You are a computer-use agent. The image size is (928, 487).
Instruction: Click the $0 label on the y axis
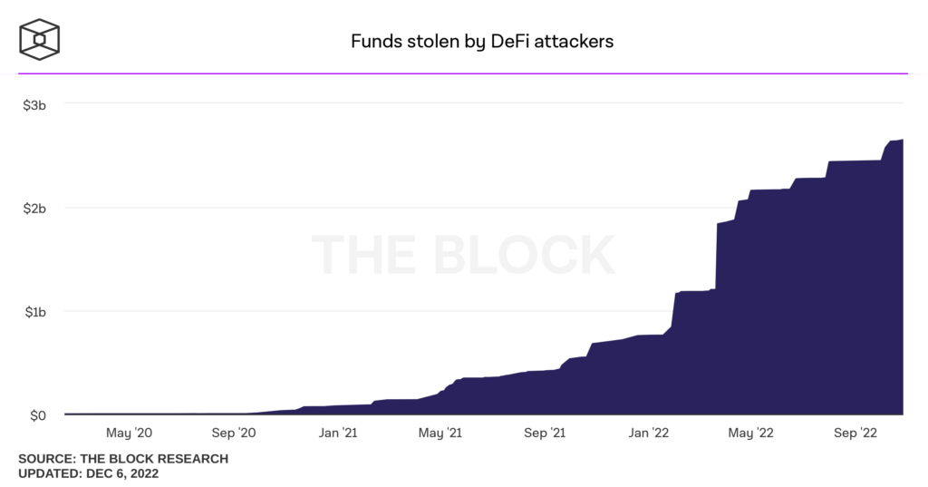coord(37,415)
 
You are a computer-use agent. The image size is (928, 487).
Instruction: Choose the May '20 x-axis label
coord(130,433)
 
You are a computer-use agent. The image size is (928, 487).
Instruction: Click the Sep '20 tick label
coord(234,433)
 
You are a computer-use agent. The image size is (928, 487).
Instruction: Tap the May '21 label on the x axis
coord(442,433)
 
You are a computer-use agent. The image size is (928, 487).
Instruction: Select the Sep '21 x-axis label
coord(547,433)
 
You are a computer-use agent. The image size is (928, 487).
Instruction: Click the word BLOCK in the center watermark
coord(524,255)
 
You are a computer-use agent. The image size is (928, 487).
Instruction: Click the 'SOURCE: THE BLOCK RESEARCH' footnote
coord(123,459)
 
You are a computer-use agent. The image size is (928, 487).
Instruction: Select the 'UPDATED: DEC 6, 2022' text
coord(89,473)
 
